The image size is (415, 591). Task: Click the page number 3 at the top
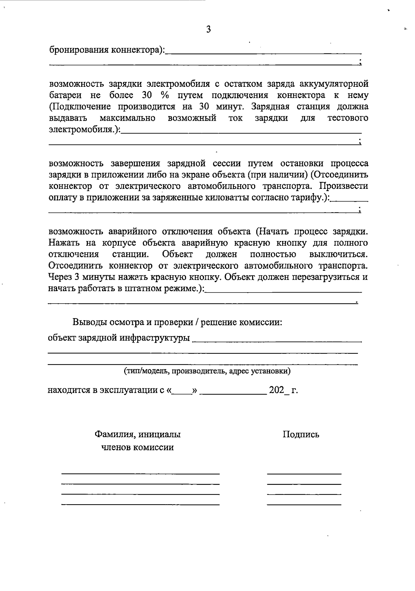click(208, 29)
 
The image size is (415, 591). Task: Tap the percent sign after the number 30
click(164, 95)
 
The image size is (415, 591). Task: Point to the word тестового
click(347, 118)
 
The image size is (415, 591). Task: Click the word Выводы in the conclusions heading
click(90, 322)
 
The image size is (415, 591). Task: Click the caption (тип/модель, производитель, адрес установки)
click(207, 371)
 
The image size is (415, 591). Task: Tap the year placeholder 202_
click(278, 390)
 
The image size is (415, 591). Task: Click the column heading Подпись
click(301, 434)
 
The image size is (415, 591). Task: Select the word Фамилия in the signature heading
click(112, 434)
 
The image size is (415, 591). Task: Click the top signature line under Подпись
click(304, 473)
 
